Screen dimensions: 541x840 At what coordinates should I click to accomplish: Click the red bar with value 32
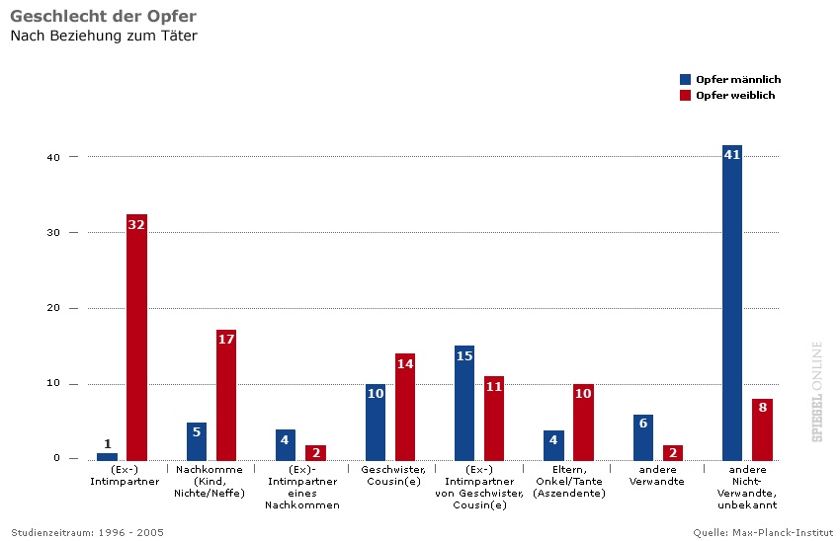coord(136,337)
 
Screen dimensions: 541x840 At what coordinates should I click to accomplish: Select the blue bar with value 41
coord(732,302)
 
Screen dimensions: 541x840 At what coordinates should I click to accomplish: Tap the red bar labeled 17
coord(226,395)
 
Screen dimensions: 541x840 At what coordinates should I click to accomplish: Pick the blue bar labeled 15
coord(464,403)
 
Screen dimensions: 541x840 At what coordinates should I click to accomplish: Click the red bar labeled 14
coord(405,407)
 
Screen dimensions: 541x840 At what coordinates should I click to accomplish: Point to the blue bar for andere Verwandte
coord(643,437)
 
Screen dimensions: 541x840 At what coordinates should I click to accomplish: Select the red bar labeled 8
coord(762,429)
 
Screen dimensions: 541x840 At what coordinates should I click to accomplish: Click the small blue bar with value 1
coord(107,456)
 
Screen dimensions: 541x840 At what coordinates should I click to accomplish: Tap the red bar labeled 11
coord(494,418)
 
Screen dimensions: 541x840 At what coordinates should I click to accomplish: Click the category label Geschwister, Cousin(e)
coord(393,475)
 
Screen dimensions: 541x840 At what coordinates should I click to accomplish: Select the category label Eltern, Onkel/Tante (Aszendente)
coord(568,481)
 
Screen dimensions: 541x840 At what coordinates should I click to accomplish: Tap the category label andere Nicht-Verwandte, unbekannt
coord(754,487)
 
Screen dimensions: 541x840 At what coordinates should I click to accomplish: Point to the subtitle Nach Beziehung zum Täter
coord(104,37)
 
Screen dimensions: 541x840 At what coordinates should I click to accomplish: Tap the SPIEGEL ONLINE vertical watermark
coord(817,391)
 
